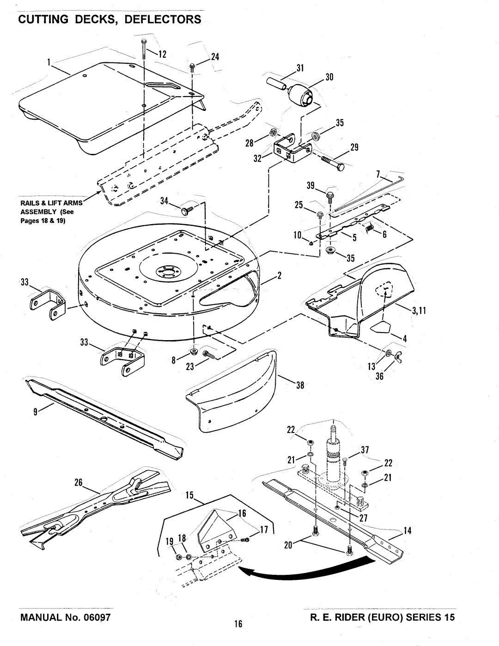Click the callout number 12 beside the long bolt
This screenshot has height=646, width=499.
pyautogui.click(x=162, y=55)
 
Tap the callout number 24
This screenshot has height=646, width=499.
pyautogui.click(x=215, y=57)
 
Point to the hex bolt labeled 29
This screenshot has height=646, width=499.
pyautogui.click(x=332, y=162)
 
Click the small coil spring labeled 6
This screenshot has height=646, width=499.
pyautogui.click(x=370, y=228)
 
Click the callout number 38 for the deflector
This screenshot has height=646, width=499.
pyautogui.click(x=300, y=385)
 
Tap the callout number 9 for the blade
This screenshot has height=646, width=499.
pyautogui.click(x=36, y=412)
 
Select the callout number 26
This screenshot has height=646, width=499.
pyautogui.click(x=78, y=482)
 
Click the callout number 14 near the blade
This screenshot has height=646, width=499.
pyautogui.click(x=408, y=531)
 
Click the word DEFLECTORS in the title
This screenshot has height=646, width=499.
pyautogui.click(x=163, y=19)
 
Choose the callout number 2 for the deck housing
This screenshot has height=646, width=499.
pyautogui.click(x=279, y=276)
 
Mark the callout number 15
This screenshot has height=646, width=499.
pyautogui.click(x=189, y=495)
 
